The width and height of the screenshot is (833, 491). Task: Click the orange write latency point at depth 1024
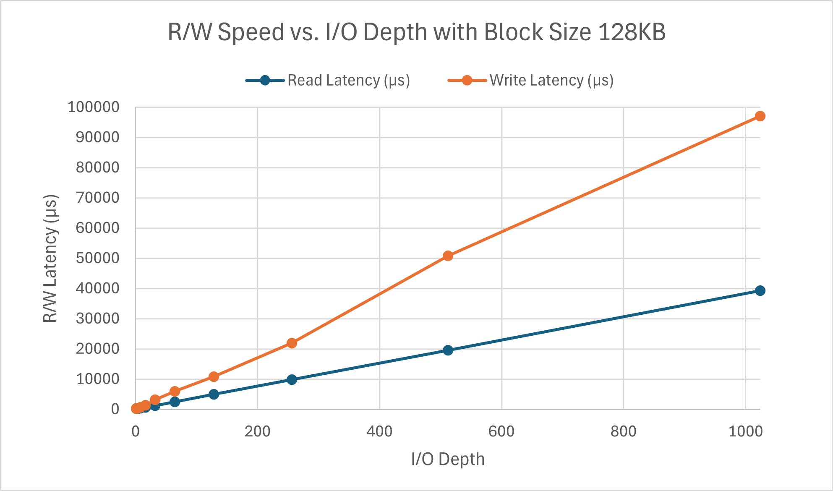760,116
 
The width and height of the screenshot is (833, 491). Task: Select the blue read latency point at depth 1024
760,290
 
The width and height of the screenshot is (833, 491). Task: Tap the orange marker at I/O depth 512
448,256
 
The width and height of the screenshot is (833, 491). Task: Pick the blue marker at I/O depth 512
448,350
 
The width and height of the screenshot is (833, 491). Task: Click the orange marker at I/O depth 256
292,343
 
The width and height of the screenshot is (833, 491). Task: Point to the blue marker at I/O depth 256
292,379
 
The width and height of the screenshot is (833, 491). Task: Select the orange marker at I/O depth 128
214,377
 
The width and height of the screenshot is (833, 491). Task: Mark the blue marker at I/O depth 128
214,394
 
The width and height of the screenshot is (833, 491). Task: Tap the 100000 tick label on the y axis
94,107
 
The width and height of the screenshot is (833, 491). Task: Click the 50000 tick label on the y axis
97,258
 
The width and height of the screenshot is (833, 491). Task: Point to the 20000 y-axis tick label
97,349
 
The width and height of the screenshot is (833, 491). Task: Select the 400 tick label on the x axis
379,431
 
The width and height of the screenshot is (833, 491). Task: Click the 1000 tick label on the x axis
745,431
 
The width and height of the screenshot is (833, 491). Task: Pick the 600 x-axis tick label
501,431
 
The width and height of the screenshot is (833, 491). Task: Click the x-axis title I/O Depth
448,459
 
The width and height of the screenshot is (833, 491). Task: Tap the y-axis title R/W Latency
50,258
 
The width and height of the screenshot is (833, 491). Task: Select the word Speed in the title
251,32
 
